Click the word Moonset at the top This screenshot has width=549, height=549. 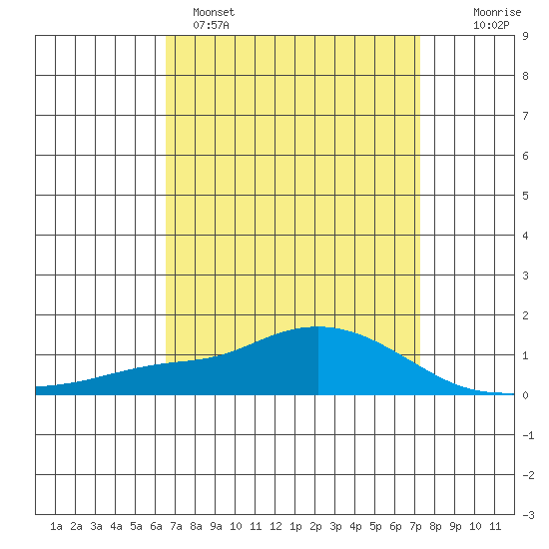pyautogui.click(x=214, y=13)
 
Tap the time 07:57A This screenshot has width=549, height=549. pyautogui.click(x=211, y=25)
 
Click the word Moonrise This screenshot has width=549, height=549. pyautogui.click(x=497, y=13)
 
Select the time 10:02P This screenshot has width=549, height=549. pyautogui.click(x=491, y=25)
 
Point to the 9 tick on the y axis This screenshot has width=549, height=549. pyautogui.click(x=525, y=36)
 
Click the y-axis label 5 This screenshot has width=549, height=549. pyautogui.click(x=525, y=196)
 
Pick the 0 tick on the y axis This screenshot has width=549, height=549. pyautogui.click(x=525, y=395)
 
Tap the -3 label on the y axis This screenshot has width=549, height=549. pyautogui.click(x=528, y=515)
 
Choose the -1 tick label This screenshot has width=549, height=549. pyautogui.click(x=528, y=435)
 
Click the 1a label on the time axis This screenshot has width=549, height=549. pyautogui.click(x=56, y=526)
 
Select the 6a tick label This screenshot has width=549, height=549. pyautogui.click(x=156, y=526)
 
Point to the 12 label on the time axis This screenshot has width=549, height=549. pyautogui.click(x=275, y=526)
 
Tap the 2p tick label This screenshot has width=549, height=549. pyautogui.click(x=315, y=526)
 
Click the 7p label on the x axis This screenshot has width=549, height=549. pyautogui.click(x=415, y=526)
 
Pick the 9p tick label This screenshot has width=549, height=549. pyautogui.click(x=455, y=526)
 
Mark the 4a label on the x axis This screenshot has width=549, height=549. pyautogui.click(x=116, y=526)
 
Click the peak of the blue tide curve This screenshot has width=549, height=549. pyautogui.click(x=318, y=326)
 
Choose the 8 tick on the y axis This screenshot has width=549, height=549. pyautogui.click(x=525, y=76)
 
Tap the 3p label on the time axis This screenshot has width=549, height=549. pyautogui.click(x=335, y=526)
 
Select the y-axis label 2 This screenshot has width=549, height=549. pyautogui.click(x=525, y=315)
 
